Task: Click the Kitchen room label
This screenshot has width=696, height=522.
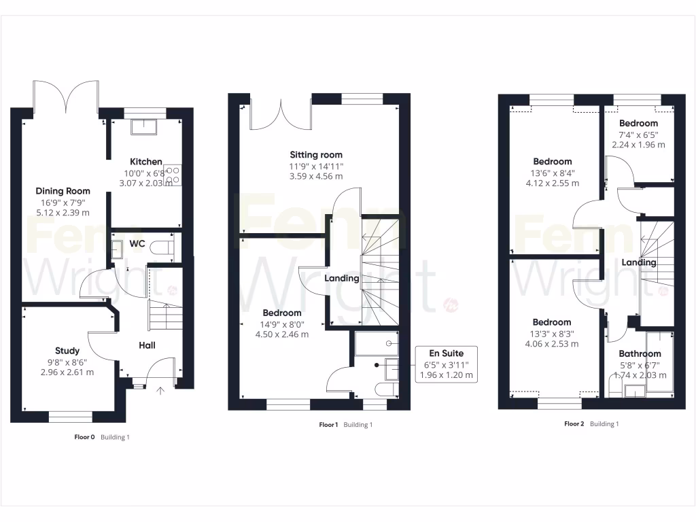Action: tap(146, 162)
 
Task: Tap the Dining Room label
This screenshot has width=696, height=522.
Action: tap(63, 191)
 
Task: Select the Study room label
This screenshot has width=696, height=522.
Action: tap(67, 351)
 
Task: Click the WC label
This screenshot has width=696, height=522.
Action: tap(138, 243)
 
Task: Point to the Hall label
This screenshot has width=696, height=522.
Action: tap(147, 346)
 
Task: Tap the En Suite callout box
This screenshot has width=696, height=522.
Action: tap(447, 364)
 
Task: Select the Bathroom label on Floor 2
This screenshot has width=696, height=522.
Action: tap(640, 354)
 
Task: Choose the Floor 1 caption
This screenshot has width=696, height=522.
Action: tap(328, 425)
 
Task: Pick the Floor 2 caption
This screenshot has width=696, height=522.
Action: tap(574, 423)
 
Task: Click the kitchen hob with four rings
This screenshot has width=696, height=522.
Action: tap(172, 175)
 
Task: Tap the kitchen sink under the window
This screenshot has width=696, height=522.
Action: tap(145, 128)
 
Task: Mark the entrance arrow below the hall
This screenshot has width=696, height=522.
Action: tap(161, 391)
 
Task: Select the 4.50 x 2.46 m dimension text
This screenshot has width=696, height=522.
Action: tap(282, 334)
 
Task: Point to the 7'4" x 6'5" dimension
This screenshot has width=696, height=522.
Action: tap(638, 135)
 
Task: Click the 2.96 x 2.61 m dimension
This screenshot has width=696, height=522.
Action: tap(67, 372)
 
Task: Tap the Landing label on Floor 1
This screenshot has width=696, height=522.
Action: tap(342, 278)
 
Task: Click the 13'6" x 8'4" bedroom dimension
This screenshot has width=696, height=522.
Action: tap(552, 173)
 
